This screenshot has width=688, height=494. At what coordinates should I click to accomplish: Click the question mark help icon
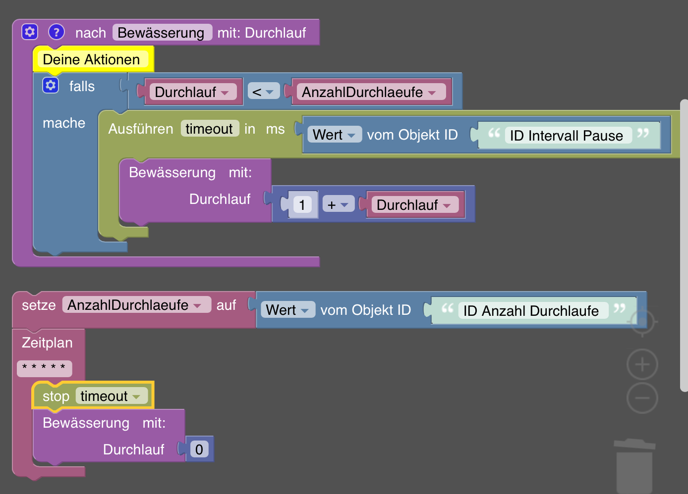coord(57,32)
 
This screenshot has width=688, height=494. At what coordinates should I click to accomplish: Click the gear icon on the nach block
coord(30,32)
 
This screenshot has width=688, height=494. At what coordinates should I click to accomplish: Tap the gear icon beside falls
coord(51,86)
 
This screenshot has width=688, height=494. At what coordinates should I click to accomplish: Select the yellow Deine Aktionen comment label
coord(92,59)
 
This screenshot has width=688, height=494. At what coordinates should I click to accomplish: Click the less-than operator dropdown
coord(263,92)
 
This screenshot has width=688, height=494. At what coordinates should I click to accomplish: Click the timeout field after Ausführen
coord(209,129)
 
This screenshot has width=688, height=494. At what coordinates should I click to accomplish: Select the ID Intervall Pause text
coord(567,136)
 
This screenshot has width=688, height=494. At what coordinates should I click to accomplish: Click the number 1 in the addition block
coord(302,205)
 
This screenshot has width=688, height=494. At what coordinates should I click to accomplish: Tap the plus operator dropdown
coord(338,205)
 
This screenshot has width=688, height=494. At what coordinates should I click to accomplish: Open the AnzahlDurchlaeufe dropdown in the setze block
coord(134,305)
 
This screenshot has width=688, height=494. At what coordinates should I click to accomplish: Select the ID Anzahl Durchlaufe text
coord(531,311)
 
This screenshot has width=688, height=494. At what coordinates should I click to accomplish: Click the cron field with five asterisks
coord(44,368)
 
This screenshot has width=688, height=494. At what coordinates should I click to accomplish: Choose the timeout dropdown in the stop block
coord(111,396)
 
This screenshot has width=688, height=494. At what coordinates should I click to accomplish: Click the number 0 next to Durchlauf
coord(199,449)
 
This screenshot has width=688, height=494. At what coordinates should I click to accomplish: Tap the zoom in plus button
coord(642,365)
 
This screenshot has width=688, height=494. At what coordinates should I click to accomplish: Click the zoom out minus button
coord(642,398)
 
